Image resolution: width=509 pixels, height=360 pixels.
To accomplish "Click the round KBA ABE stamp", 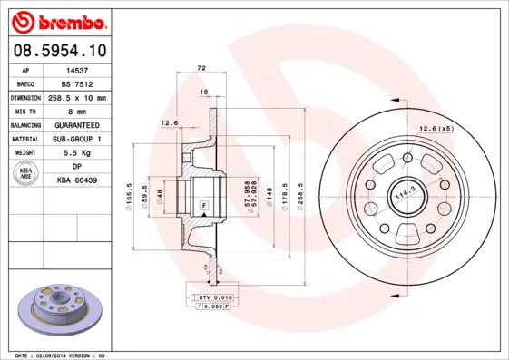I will (25, 174).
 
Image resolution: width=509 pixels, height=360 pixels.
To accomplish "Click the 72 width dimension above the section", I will (201, 68).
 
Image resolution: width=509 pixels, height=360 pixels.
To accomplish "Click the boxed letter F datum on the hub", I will (203, 207).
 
